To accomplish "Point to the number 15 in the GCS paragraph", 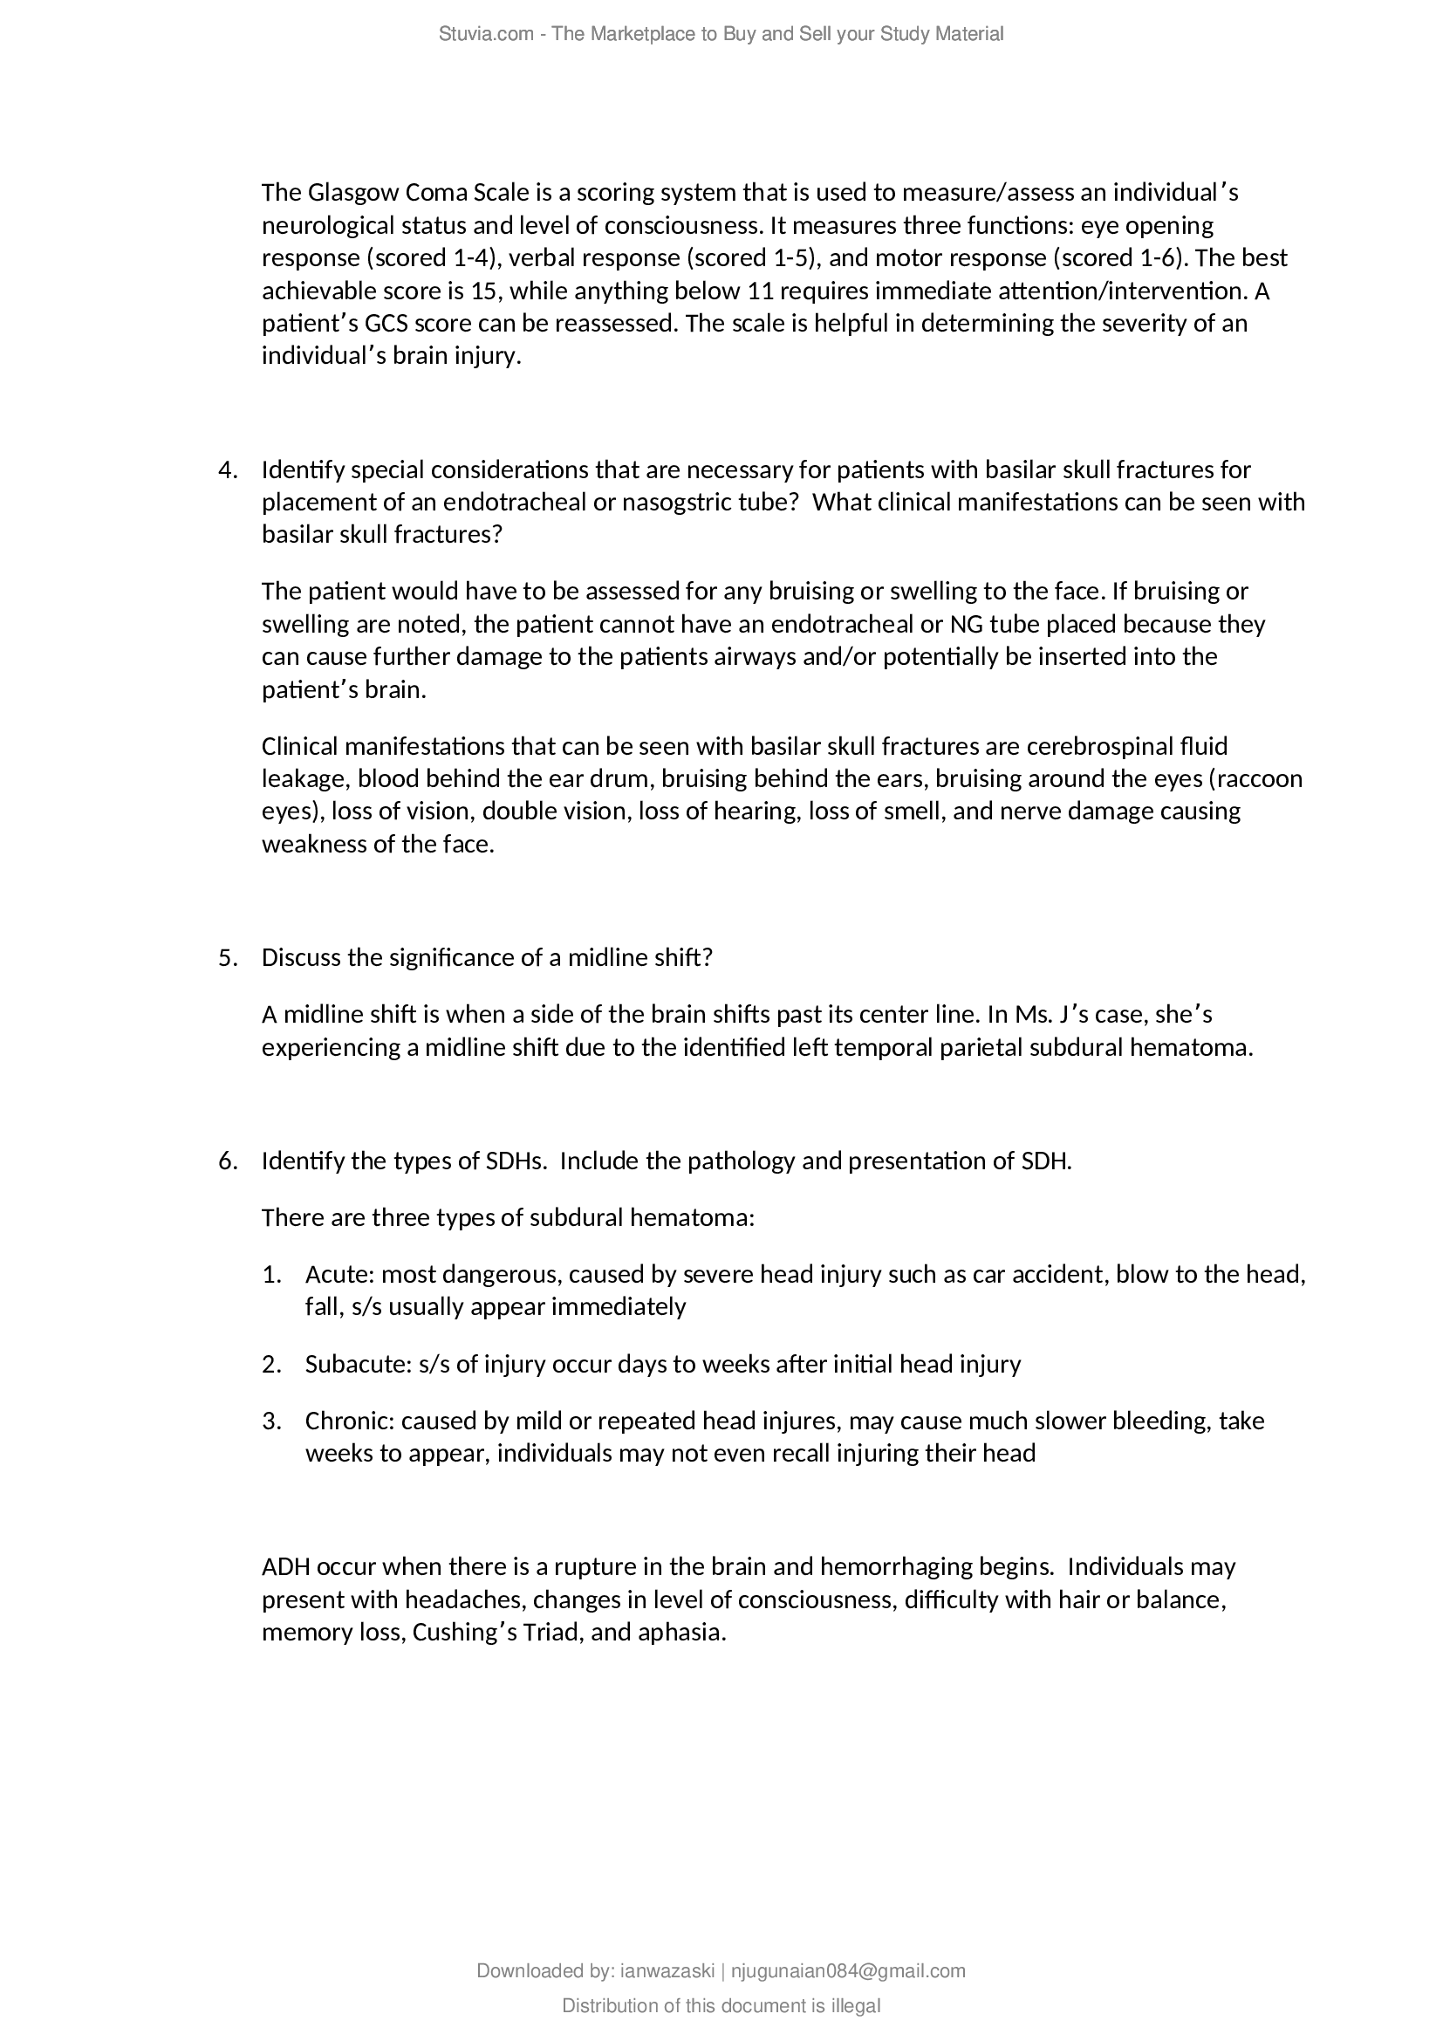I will (484, 291).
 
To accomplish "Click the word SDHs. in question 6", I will (516, 1161).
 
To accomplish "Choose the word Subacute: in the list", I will (359, 1364).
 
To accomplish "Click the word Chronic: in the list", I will (350, 1421).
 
